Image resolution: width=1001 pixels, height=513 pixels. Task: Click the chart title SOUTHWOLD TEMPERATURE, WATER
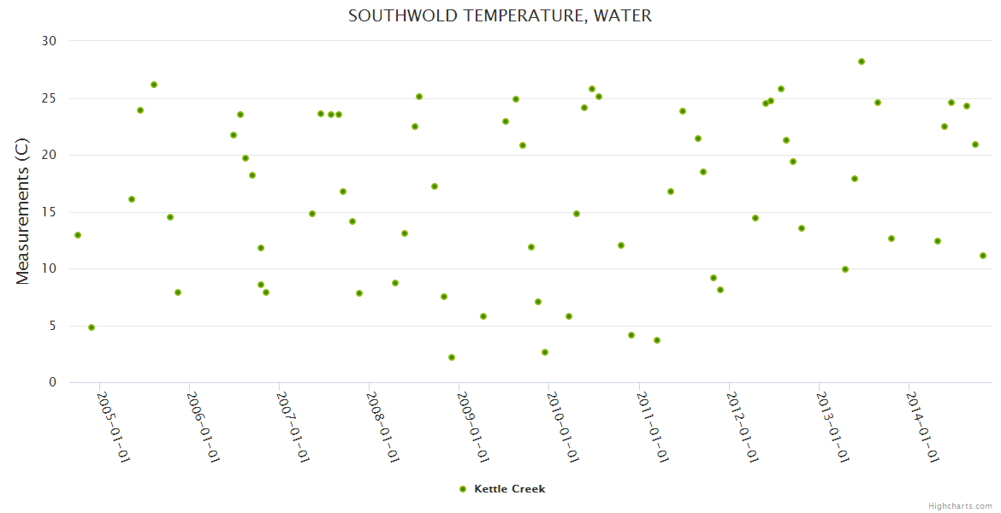coord(500,16)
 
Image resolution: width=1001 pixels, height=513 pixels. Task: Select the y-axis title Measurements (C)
coord(23,211)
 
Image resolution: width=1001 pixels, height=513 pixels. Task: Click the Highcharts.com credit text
coord(960,505)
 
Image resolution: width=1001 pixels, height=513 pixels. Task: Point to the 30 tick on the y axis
coord(49,41)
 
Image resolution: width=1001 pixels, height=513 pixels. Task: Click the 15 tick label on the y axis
coord(49,212)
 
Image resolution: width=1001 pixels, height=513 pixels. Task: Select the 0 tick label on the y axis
coord(52,383)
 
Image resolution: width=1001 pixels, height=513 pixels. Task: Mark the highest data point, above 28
coord(862,62)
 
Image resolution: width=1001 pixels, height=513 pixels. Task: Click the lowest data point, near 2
coord(452,357)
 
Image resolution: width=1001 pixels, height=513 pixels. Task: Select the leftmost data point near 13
coord(78,235)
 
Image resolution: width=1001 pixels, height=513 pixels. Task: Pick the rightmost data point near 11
coord(983,256)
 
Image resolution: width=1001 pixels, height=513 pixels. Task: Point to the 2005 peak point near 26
coord(154,85)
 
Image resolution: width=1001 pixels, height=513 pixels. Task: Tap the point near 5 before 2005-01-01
coord(92,327)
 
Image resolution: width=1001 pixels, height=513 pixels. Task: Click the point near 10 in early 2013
coord(845,269)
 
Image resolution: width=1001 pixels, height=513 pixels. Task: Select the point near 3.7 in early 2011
coord(657,340)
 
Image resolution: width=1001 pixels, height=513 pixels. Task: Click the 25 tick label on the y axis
coord(49,98)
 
